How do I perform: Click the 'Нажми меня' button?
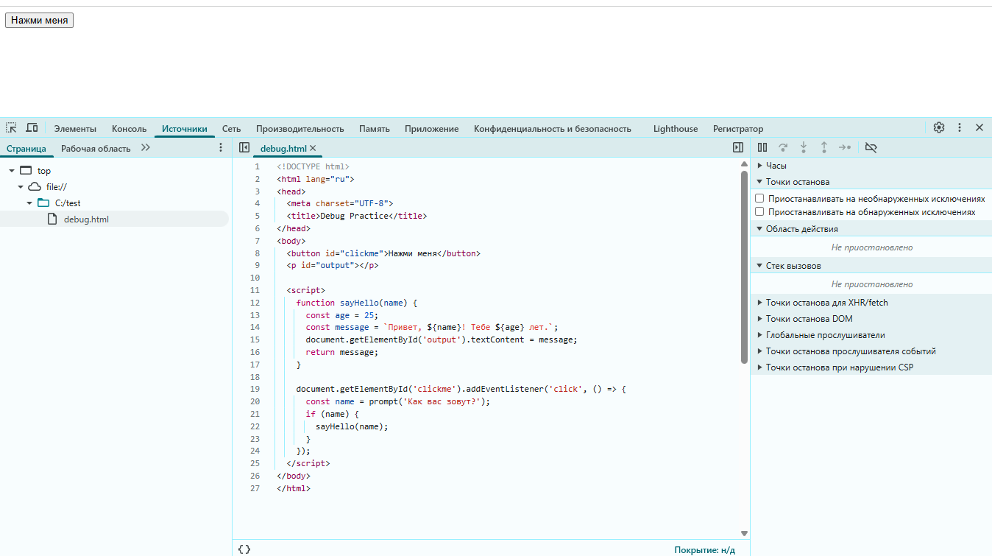[x=40, y=21]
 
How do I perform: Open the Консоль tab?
[x=129, y=129]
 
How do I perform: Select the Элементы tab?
[x=75, y=129]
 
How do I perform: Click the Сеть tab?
[x=231, y=129]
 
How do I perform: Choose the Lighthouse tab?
[x=676, y=129]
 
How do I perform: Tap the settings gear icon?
[x=939, y=128]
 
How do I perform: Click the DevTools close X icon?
[x=979, y=128]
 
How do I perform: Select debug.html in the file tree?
[x=86, y=219]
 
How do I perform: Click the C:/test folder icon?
[x=43, y=203]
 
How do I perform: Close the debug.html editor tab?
[x=313, y=148]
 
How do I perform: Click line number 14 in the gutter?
[x=255, y=328]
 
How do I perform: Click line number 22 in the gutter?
[x=255, y=426]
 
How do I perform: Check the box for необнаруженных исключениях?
[x=759, y=199]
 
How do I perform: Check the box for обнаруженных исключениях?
[x=759, y=212]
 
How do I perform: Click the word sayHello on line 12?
[x=359, y=303]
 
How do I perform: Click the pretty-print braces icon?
[x=244, y=549]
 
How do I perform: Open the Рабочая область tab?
[x=96, y=149]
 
